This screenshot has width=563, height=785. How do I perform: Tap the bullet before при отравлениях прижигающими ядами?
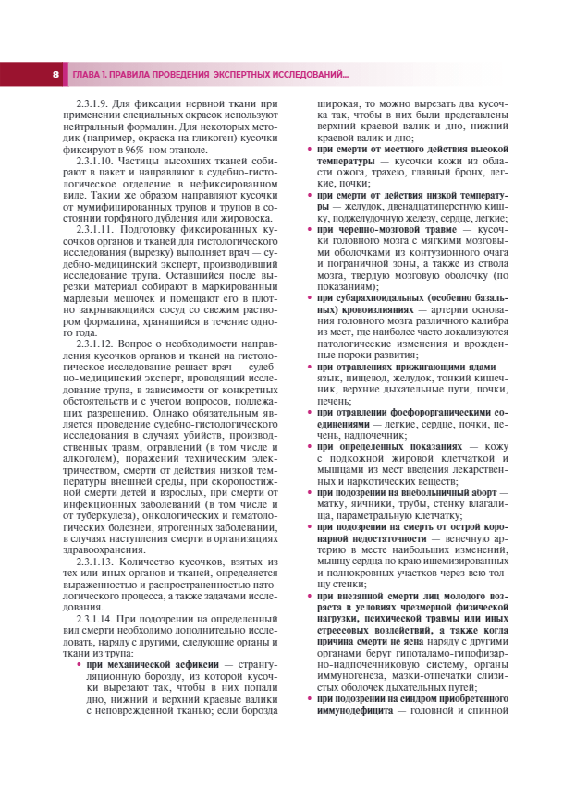[310, 367]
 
